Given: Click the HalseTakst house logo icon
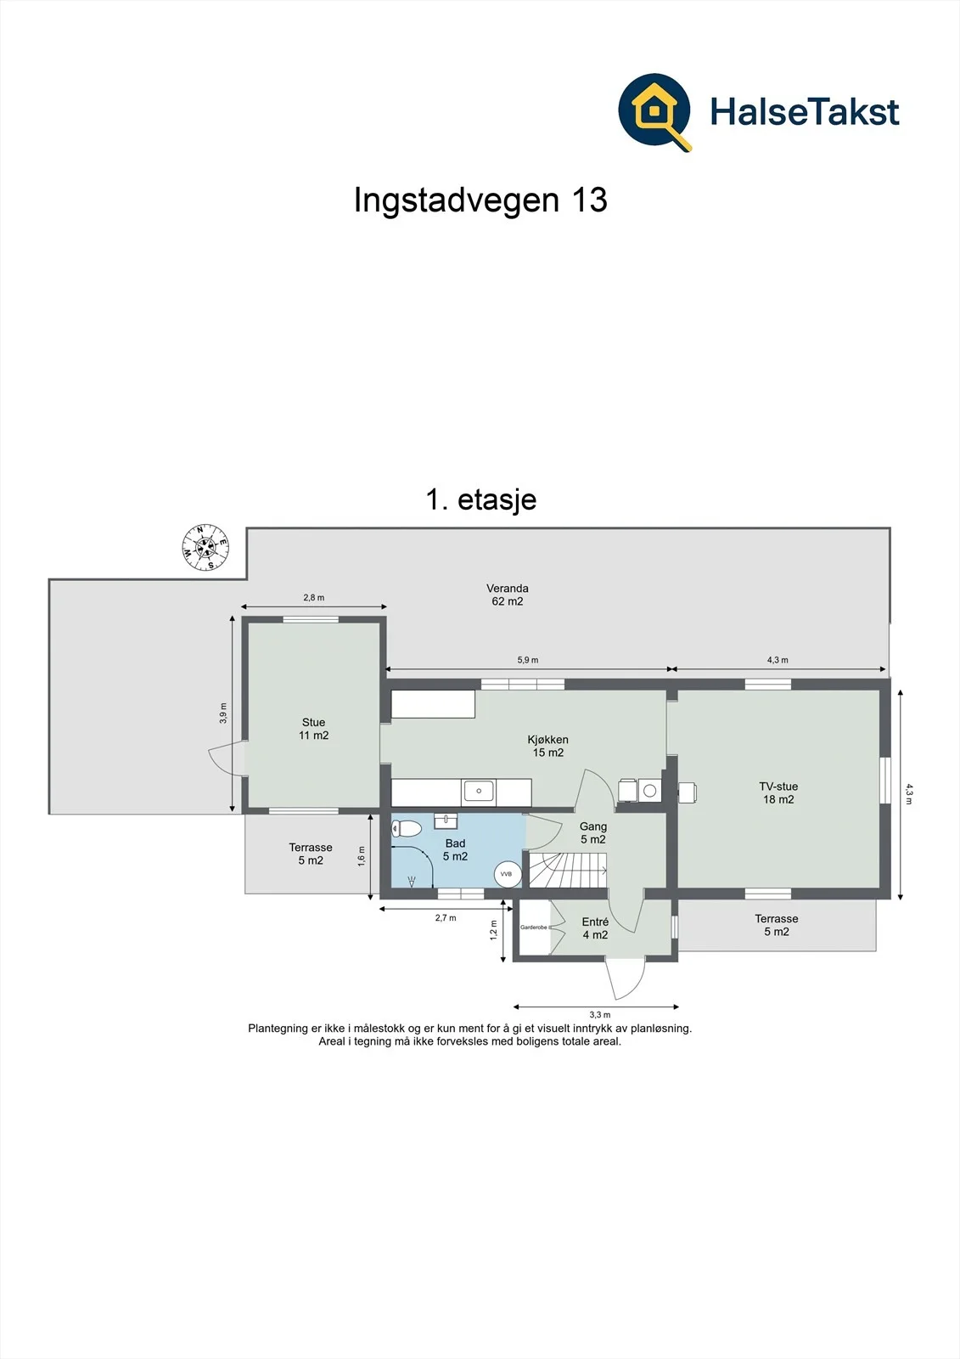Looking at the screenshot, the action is (654, 111).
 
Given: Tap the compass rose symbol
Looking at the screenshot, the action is (205, 547).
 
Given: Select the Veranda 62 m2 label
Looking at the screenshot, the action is (507, 595).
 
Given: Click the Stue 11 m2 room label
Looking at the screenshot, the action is (313, 729).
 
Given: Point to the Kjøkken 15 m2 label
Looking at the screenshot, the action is (547, 747).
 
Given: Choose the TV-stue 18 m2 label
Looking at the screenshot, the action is (778, 793).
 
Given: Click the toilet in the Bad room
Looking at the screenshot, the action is (407, 828).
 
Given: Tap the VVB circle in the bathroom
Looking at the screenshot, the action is (507, 874).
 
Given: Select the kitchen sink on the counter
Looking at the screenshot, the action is (479, 792).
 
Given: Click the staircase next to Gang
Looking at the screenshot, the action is (568, 870).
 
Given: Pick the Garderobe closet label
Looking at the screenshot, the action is (534, 928).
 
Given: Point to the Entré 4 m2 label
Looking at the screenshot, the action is (595, 928).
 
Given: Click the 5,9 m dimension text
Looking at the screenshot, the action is (528, 660).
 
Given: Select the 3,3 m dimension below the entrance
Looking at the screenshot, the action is (600, 1014).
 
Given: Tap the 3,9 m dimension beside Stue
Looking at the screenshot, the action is (223, 713).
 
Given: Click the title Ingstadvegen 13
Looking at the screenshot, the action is (480, 200).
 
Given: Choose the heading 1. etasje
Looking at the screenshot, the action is (481, 500).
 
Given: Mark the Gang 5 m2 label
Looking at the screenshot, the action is (592, 833).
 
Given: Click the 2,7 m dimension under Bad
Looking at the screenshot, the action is (445, 918).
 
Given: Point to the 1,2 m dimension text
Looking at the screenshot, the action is (493, 930).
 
